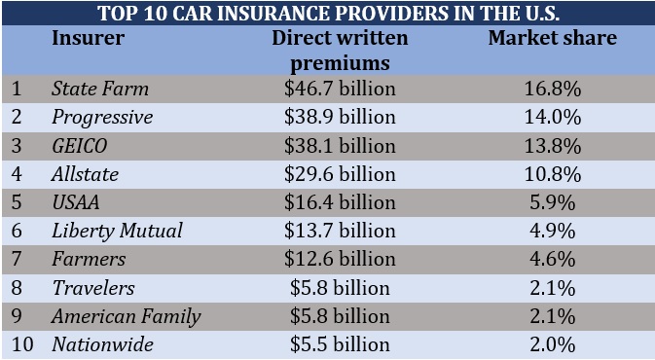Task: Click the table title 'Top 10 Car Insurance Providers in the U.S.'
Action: point(327,13)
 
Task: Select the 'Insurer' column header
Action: point(87,40)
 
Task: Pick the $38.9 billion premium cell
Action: point(340,117)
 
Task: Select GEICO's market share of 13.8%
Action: point(552,146)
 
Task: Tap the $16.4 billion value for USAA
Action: point(340,203)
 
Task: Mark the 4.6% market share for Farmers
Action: point(552,260)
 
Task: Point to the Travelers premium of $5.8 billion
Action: point(340,288)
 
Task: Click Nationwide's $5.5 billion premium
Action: point(340,344)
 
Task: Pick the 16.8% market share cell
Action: point(552,90)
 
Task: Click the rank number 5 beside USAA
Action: point(17,203)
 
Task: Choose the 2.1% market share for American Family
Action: point(552,316)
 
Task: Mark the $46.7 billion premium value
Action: point(340,90)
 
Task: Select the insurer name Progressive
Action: point(102,117)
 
